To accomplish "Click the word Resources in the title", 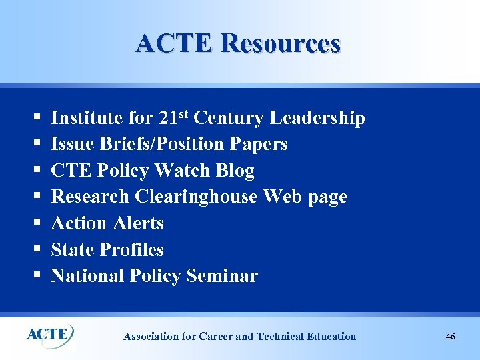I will (279, 43).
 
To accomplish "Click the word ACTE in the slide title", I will (175, 43).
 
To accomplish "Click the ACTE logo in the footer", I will (49, 333).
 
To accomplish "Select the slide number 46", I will (451, 337).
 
